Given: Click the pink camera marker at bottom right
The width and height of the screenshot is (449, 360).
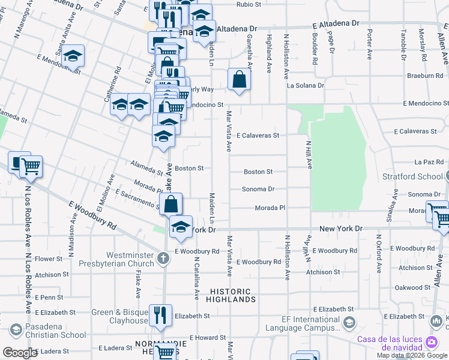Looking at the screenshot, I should click(x=431, y=342).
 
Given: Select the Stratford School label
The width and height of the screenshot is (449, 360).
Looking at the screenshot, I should click(x=413, y=176).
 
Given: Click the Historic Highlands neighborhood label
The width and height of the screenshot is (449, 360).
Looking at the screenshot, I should click(x=233, y=295).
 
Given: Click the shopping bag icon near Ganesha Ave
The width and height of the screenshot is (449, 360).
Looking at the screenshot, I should click(x=239, y=79).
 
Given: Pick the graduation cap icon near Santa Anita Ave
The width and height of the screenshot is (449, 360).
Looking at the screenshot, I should click(x=73, y=56).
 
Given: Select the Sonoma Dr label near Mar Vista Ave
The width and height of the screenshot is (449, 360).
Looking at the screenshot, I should click(x=258, y=189).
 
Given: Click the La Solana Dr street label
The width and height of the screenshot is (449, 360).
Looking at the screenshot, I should click(x=305, y=86).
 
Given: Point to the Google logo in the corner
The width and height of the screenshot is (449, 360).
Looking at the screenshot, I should click(x=20, y=353).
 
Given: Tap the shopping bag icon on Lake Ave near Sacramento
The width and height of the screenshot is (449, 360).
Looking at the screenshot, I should click(x=171, y=203).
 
